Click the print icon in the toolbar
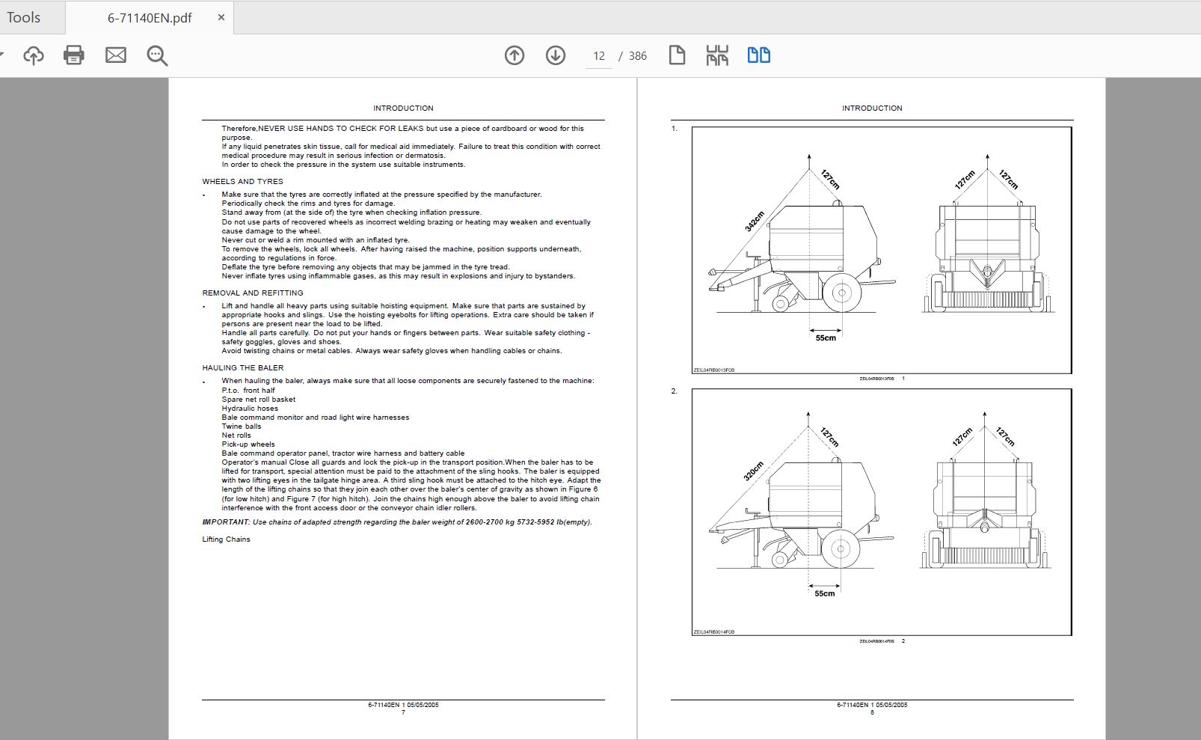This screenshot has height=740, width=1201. pyautogui.click(x=73, y=55)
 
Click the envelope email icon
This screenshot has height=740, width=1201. pyautogui.click(x=115, y=55)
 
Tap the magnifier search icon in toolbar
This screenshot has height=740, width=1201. pyautogui.click(x=157, y=55)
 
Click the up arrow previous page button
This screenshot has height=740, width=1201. pyautogui.click(x=515, y=55)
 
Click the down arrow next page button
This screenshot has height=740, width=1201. pyautogui.click(x=556, y=55)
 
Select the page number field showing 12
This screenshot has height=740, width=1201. pyautogui.click(x=599, y=56)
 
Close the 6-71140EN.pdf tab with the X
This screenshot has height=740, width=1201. pyautogui.click(x=221, y=17)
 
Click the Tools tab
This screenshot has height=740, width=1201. pyautogui.click(x=24, y=17)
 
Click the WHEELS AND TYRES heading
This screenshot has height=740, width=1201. pyautogui.click(x=242, y=182)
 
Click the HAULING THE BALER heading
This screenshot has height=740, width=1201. pyautogui.click(x=242, y=368)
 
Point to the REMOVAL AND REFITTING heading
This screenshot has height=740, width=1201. pyautogui.click(x=252, y=293)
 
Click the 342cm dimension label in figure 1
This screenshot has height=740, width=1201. pyautogui.click(x=755, y=221)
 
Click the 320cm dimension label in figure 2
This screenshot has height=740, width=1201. pyautogui.click(x=753, y=471)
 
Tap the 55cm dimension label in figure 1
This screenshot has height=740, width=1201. pyautogui.click(x=826, y=338)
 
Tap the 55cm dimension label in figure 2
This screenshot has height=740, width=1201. pyautogui.click(x=824, y=594)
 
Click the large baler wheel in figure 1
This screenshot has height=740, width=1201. pyautogui.click(x=841, y=293)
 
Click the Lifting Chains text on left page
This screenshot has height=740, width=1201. pyautogui.click(x=226, y=539)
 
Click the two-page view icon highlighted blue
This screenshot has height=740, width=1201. pyautogui.click(x=759, y=55)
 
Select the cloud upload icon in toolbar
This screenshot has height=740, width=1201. pyautogui.click(x=34, y=55)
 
